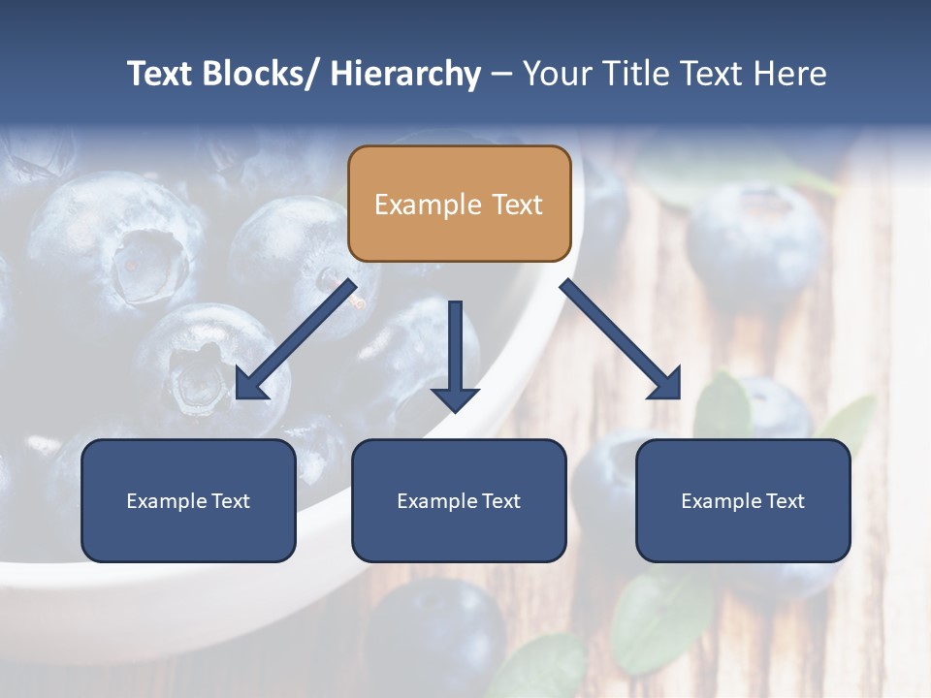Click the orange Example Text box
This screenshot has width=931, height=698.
[459, 204]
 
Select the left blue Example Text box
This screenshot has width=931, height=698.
[188, 500]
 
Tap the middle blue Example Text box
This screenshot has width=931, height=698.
[459, 500]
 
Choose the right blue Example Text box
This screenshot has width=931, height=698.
[743, 500]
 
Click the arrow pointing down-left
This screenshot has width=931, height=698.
[296, 339]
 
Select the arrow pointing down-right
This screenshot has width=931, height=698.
[621, 339]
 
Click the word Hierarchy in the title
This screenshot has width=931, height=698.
[404, 74]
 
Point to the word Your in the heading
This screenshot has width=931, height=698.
[555, 74]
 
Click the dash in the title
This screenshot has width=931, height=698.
[500, 74]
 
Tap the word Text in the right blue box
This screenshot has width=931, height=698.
[784, 500]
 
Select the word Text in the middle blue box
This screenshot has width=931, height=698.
[499, 500]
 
